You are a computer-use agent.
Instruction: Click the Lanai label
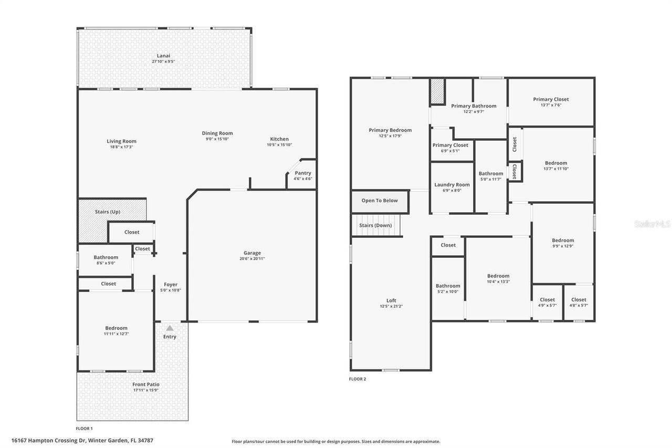tap(163, 56)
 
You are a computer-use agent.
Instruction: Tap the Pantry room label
tap(303, 173)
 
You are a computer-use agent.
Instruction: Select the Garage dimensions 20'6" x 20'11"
tap(252, 258)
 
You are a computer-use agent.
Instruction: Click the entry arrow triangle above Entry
tap(170, 328)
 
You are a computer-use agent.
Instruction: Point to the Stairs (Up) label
tap(107, 212)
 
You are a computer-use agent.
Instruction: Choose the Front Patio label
tap(146, 384)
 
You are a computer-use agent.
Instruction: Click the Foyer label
tap(171, 285)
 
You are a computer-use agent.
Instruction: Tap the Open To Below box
tap(380, 201)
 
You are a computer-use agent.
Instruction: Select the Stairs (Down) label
tap(375, 225)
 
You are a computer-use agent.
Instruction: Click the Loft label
tap(391, 300)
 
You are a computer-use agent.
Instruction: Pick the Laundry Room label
tap(451, 185)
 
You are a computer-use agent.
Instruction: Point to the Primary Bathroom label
tap(474, 106)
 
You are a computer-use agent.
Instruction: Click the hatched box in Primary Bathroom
tap(437, 93)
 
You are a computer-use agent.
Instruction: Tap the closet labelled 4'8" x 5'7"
tap(579, 302)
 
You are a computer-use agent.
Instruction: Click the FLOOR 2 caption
tap(358, 379)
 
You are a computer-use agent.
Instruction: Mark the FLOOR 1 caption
tap(84, 429)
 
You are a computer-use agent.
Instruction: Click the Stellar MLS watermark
tap(652, 224)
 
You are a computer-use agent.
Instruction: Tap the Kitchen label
tap(279, 139)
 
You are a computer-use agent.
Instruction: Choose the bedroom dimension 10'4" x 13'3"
tap(498, 282)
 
